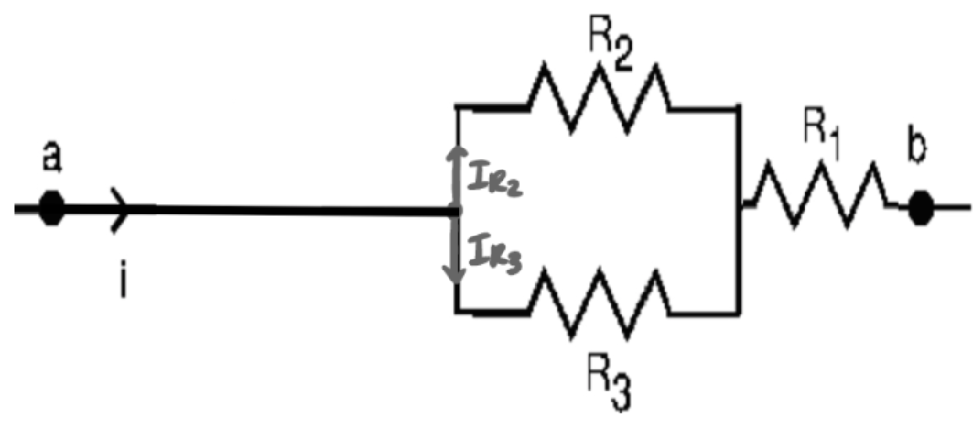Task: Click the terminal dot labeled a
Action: pos(52,208)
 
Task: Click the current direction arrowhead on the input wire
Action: pos(120,209)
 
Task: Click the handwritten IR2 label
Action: pos(494,180)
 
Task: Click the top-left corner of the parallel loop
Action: pos(456,108)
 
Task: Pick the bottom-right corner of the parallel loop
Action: pos(738,312)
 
